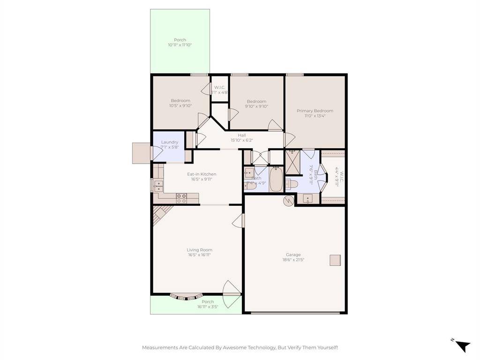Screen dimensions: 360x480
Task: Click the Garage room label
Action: click(x=293, y=255)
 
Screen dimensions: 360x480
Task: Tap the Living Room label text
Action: click(x=199, y=250)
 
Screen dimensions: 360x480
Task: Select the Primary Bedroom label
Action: click(x=315, y=111)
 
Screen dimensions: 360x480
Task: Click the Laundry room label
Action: click(x=169, y=142)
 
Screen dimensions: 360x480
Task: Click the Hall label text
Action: click(x=241, y=135)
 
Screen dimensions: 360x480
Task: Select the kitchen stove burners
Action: click(x=181, y=198)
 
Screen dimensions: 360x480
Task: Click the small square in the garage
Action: click(x=335, y=260)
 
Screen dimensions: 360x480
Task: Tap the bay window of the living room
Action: click(x=187, y=296)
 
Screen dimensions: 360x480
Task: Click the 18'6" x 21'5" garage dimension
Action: click(x=293, y=260)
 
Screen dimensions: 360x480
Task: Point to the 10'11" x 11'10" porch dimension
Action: click(x=180, y=45)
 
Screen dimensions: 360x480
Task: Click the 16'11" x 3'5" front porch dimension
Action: click(x=208, y=307)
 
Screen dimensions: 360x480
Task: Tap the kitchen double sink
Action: click(x=157, y=186)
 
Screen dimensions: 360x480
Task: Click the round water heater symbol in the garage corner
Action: click(x=288, y=201)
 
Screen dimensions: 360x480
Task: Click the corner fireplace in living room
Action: click(x=160, y=214)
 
